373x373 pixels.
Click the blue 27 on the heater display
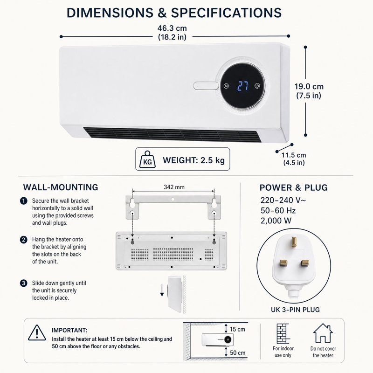click(243, 86)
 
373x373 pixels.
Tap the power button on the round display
click(257, 86)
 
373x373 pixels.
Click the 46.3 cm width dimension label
click(172, 28)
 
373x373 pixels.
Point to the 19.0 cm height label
click(309, 86)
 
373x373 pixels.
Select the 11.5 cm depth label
click(294, 155)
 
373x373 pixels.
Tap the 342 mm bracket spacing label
click(174, 187)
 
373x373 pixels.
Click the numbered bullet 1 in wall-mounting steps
click(24, 201)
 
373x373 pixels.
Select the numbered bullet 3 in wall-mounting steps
click(24, 283)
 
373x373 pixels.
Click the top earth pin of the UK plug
click(294, 242)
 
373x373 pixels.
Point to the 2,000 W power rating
click(276, 221)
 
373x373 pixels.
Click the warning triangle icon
click(37, 333)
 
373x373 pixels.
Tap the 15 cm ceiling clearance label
click(237, 329)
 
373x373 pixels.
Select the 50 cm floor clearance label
click(238, 352)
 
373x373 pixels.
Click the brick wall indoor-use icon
click(283, 333)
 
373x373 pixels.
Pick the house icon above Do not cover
click(323, 333)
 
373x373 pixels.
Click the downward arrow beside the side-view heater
click(162, 290)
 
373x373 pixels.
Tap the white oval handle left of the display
click(206, 86)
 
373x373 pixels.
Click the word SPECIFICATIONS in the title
click(226, 13)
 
